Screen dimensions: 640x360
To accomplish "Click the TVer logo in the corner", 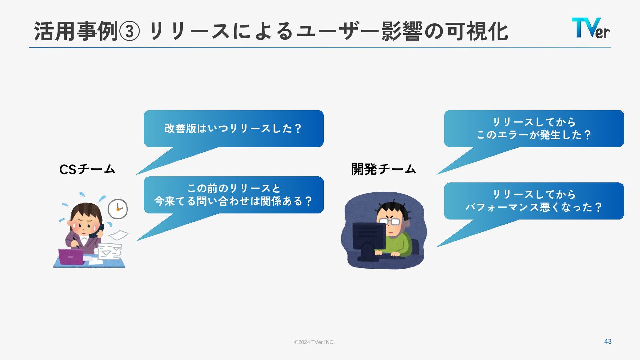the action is tap(591, 28).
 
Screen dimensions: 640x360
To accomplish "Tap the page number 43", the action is tap(608, 341).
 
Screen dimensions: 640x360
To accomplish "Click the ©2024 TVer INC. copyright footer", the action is tap(314, 342).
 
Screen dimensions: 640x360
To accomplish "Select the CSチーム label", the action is tap(87, 169).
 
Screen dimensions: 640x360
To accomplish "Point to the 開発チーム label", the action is tap(383, 169).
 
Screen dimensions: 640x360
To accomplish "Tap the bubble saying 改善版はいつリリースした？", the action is tap(233, 129).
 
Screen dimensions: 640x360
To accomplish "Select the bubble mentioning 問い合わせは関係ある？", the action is tap(233, 195).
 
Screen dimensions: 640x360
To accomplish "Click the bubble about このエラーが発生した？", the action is tap(534, 129).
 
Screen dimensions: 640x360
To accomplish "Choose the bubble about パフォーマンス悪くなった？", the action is tap(534, 201).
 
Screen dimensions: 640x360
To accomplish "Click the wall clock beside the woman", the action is tap(118, 209).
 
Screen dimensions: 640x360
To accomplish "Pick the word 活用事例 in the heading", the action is tap(76, 32).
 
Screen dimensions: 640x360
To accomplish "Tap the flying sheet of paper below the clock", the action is tap(118, 235).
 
